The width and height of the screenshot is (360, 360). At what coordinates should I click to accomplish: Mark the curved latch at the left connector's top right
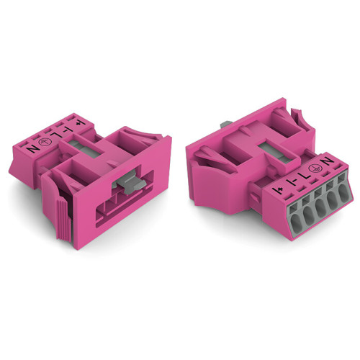coord(143,132)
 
